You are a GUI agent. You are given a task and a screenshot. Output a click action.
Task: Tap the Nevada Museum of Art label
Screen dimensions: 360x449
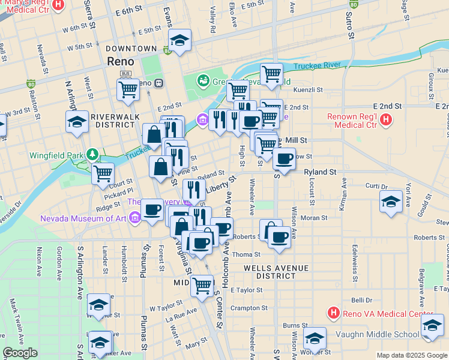click(84, 218)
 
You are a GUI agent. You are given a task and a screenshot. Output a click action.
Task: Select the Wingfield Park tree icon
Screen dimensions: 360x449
click(93, 155)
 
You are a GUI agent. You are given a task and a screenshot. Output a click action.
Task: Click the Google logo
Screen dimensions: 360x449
click(20, 353)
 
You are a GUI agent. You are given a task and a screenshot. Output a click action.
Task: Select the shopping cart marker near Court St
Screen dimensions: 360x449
click(103, 173)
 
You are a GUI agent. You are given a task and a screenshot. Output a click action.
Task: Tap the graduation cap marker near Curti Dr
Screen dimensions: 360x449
click(391, 202)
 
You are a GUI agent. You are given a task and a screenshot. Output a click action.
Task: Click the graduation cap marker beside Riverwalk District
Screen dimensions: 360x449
click(77, 121)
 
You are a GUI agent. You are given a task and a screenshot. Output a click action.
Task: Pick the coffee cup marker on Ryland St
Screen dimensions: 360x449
click(284, 159)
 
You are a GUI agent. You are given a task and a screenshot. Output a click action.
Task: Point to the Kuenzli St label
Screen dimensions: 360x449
click(308, 90)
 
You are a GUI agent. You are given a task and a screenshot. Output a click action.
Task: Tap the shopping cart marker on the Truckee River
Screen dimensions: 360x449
click(271, 74)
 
